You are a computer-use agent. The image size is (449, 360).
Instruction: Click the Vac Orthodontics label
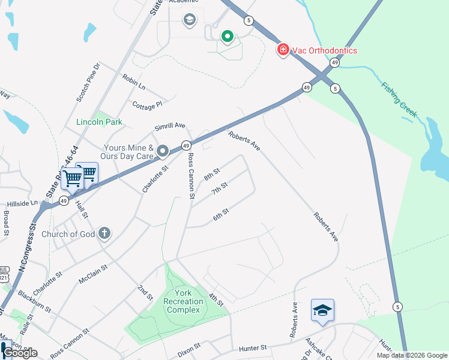(x=325, y=50)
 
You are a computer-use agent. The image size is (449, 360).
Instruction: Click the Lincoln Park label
(x=99, y=122)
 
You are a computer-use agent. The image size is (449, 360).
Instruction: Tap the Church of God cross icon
(x=104, y=233)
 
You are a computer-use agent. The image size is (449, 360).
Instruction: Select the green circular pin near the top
(x=227, y=37)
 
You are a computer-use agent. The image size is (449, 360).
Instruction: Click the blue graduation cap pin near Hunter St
(x=322, y=310)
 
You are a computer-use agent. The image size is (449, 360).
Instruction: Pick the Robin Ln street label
(x=133, y=82)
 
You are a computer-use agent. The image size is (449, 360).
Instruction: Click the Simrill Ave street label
(x=170, y=127)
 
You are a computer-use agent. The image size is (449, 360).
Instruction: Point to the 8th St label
(x=212, y=175)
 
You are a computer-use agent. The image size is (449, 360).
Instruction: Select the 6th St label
(x=221, y=214)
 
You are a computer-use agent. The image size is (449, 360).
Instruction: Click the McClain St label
(x=92, y=274)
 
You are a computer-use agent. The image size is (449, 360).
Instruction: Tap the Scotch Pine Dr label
(x=88, y=82)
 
